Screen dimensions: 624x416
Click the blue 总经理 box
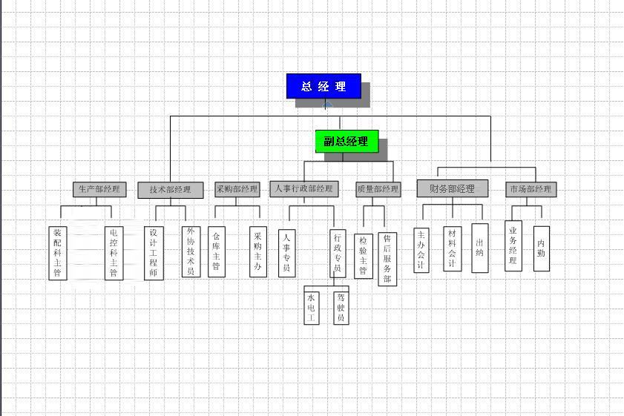pos(324,86)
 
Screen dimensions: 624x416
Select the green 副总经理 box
pos(347,141)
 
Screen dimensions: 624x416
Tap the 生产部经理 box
pos(99,189)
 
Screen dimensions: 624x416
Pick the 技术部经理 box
pos(171,190)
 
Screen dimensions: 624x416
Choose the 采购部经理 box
pos(237,189)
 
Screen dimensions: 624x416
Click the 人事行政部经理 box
pos(304,189)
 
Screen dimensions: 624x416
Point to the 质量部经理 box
pos(378,189)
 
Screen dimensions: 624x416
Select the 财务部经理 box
pos(453,188)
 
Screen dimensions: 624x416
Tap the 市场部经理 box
pos(531,189)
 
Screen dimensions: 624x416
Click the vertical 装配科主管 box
pos(58,254)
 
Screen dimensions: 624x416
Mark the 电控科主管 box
pos(114,254)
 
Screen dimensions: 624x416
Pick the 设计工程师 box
pos(154,254)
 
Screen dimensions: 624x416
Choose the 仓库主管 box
pos(217,251)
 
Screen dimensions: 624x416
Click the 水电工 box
pos(311,308)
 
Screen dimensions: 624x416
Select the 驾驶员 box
pos(341,308)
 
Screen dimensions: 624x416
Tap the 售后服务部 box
pos(387,260)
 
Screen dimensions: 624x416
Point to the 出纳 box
pos(480,248)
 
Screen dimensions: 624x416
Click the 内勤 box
pos(541,249)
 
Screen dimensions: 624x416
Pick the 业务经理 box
pos(513,246)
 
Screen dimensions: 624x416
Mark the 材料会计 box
pos(453,249)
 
